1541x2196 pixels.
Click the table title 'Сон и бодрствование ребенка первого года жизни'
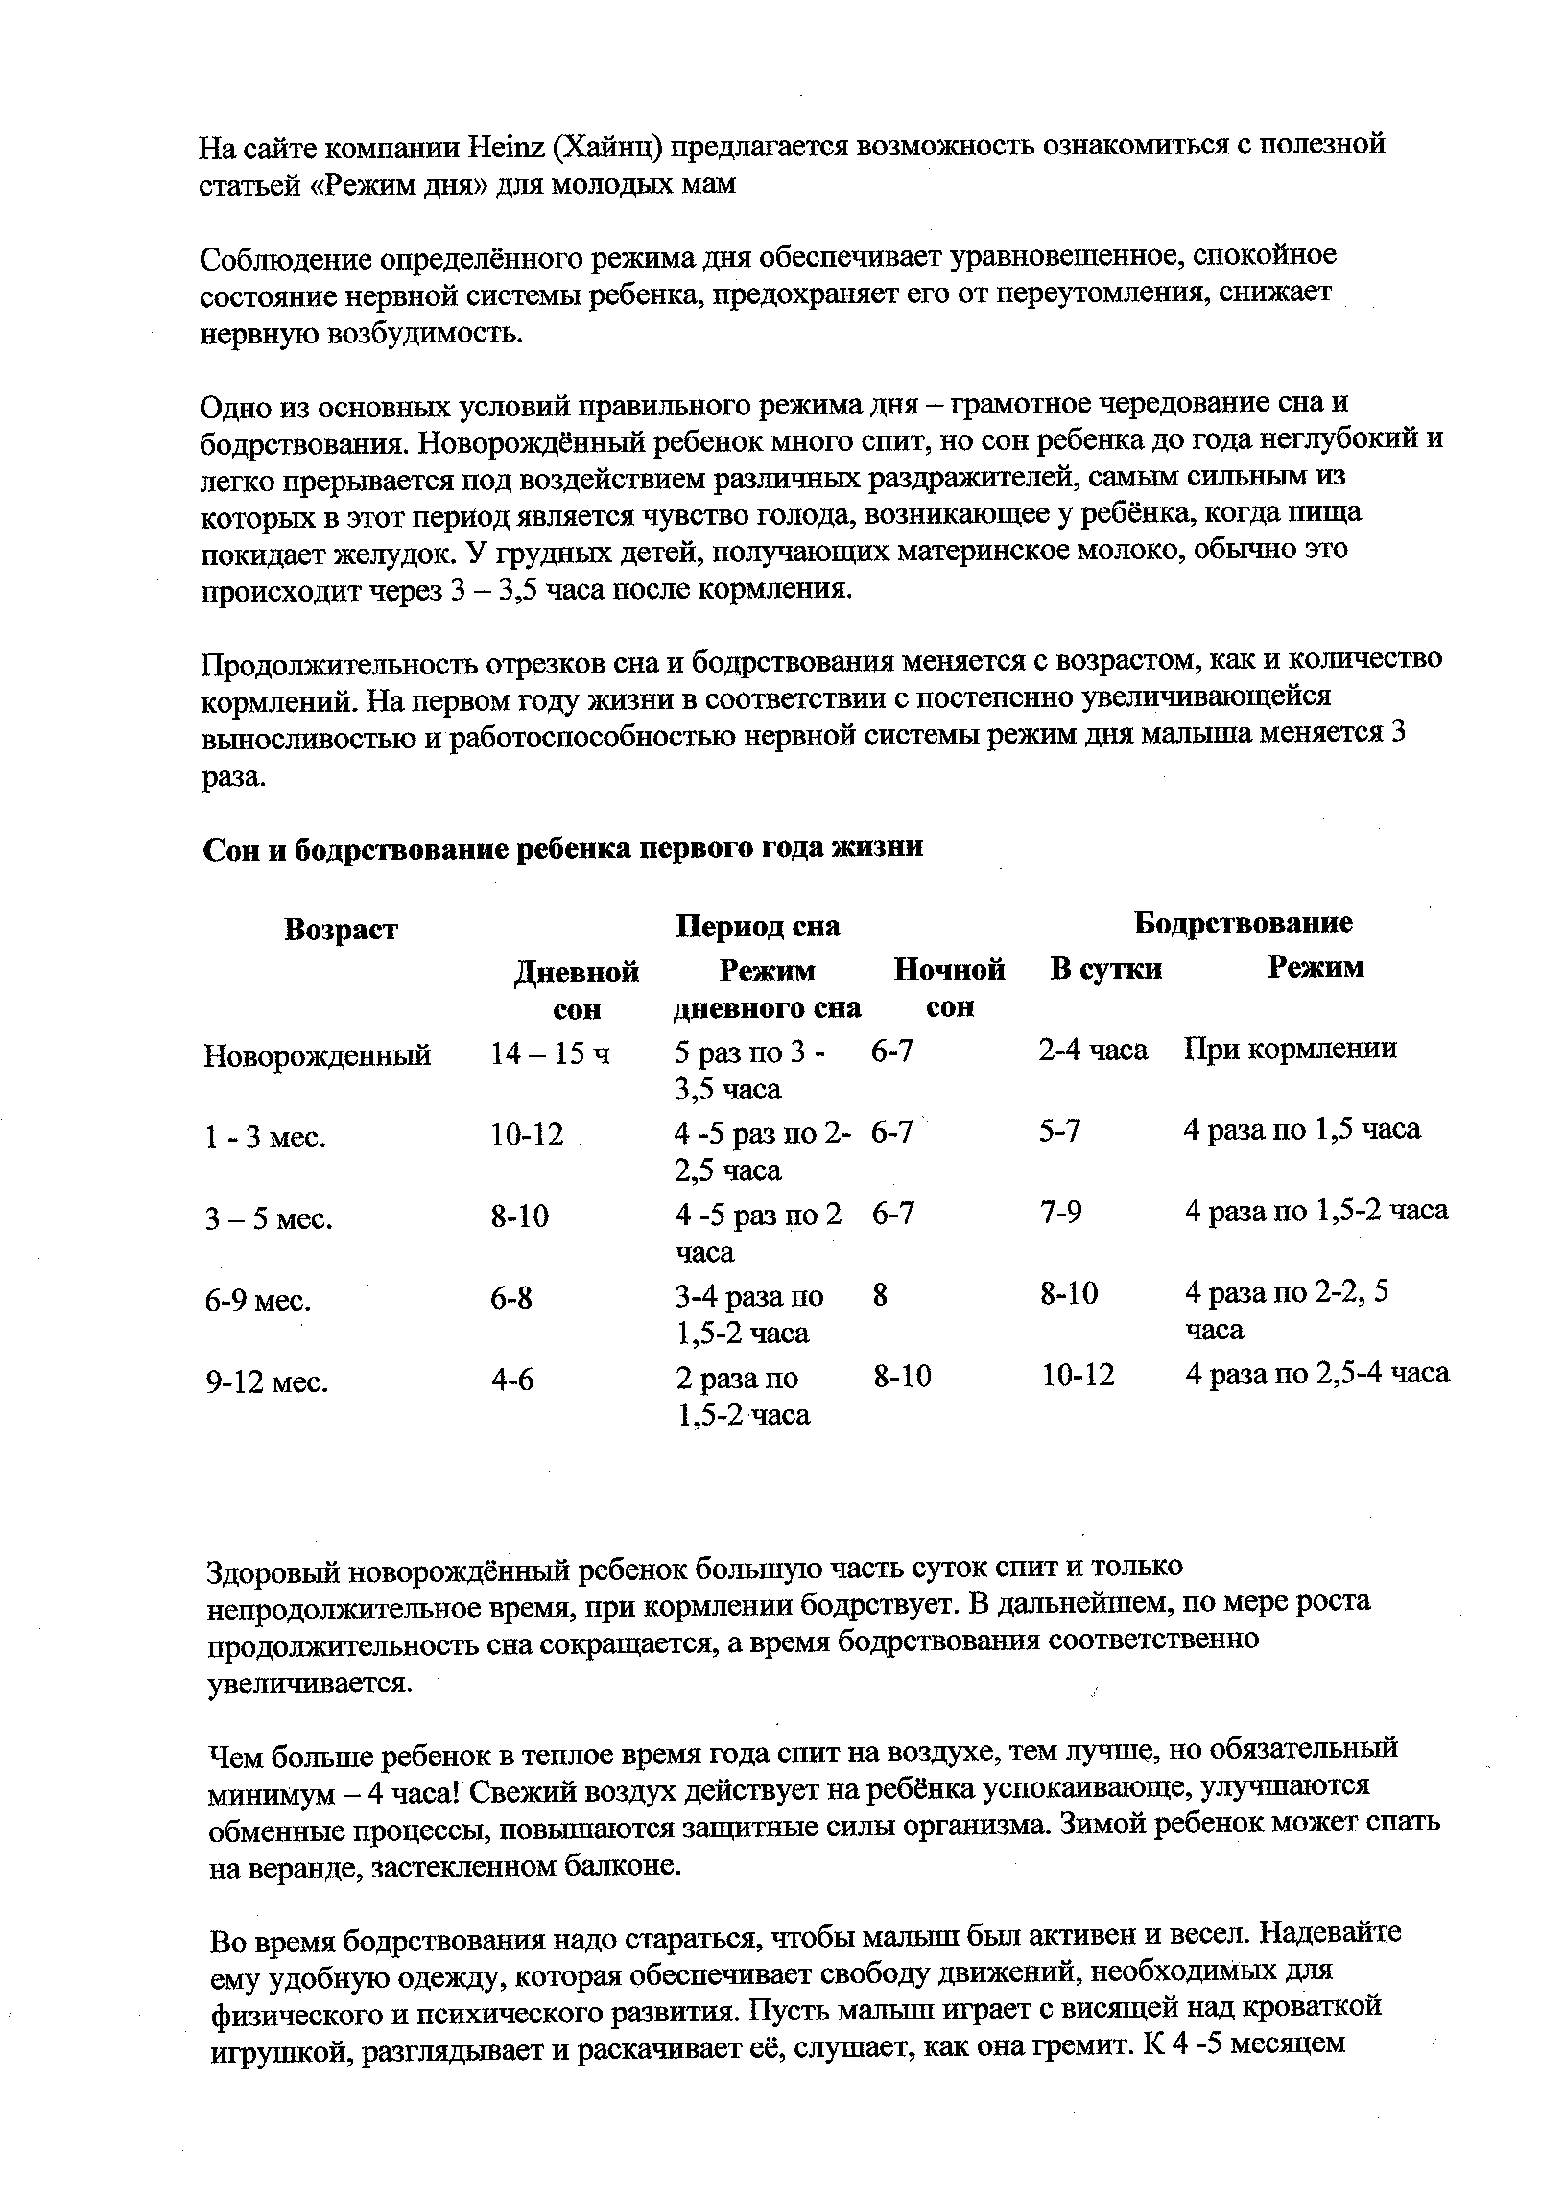pyautogui.click(x=562, y=848)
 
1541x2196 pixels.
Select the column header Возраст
pyautogui.click(x=341, y=929)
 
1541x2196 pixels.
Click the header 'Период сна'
pyautogui.click(x=757, y=926)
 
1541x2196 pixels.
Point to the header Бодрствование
pyautogui.click(x=1243, y=923)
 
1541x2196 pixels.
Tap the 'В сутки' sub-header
pyautogui.click(x=1105, y=969)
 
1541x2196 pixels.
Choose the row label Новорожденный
pyautogui.click(x=317, y=1055)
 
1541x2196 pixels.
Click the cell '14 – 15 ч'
pyautogui.click(x=550, y=1054)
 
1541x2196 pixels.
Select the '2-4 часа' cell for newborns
pyautogui.click(x=1093, y=1050)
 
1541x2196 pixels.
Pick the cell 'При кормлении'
pyautogui.click(x=1290, y=1049)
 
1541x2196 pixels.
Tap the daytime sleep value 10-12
pyautogui.click(x=527, y=1135)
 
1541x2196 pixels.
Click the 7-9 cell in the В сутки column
pyautogui.click(x=1060, y=1214)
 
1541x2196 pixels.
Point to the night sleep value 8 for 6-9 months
pyautogui.click(x=880, y=1296)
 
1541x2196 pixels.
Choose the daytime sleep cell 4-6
pyautogui.click(x=512, y=1380)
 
